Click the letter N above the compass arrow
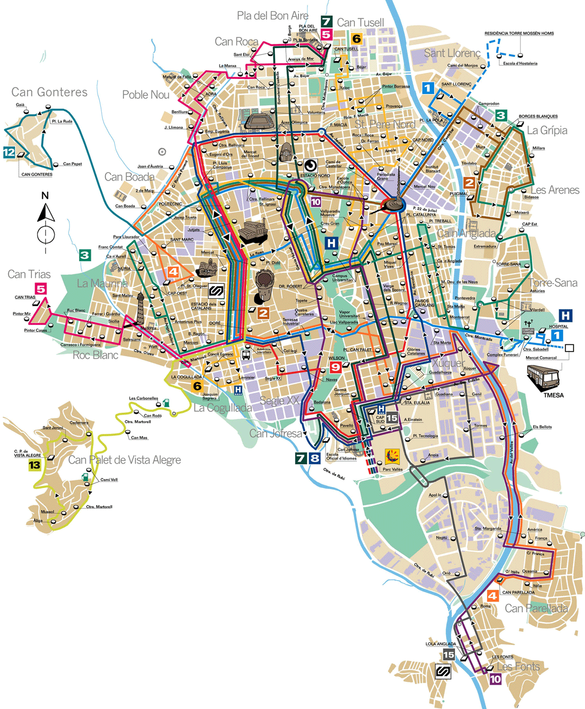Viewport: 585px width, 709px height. (45, 196)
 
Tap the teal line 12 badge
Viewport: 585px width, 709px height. (9, 152)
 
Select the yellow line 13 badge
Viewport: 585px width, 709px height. (34, 465)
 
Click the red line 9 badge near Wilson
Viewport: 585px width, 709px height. (335, 367)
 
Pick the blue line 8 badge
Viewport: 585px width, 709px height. (315, 458)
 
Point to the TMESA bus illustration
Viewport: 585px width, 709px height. (543, 377)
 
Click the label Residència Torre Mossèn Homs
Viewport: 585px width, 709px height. (519, 34)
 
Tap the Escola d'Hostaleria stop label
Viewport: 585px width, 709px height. (520, 64)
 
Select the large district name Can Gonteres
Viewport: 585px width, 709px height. (50, 92)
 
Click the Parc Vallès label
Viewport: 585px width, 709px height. (393, 469)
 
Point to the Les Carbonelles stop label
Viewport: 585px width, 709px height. (143, 398)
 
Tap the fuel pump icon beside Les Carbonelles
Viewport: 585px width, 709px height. (166, 402)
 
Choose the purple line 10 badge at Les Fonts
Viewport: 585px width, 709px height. (495, 679)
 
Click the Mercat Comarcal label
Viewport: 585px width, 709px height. (541, 357)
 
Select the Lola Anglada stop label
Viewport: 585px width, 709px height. (441, 644)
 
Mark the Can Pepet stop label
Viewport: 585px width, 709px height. (72, 164)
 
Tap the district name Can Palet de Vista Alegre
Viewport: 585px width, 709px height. (124, 460)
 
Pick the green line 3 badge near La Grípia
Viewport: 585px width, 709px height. (500, 115)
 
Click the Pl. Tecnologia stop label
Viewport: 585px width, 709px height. (425, 436)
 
